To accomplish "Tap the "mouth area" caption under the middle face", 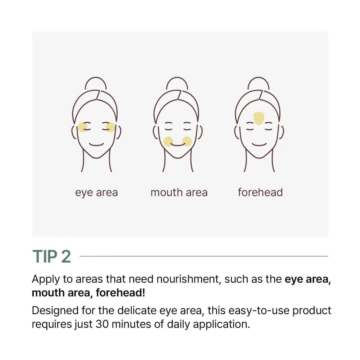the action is (x=179, y=192).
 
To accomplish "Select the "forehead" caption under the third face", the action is (x=260, y=192).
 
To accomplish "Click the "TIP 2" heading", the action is (x=52, y=256).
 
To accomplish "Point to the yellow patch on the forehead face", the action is (x=259, y=118).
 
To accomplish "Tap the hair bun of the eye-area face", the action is (x=96, y=83).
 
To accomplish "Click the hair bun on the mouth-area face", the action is (x=177, y=83).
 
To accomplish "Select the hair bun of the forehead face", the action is (x=259, y=83).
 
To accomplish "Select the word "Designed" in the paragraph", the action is (x=55, y=311).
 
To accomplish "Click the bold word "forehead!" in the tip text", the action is (x=121, y=293).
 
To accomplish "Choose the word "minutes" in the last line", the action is (x=131, y=324).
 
